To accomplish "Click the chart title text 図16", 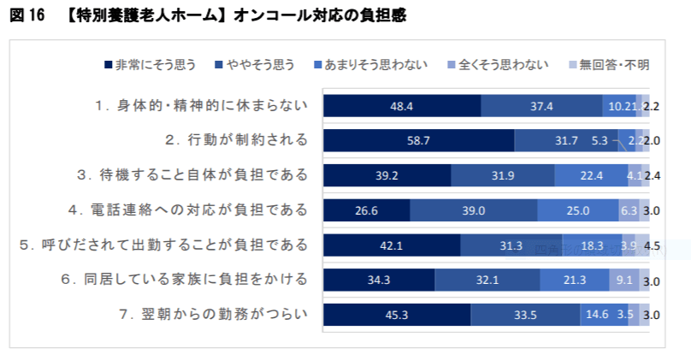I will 27,15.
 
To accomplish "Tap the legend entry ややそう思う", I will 261,65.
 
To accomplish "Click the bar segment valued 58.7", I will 418,140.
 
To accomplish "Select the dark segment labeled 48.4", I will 401,106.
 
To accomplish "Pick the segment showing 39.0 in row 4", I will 474,210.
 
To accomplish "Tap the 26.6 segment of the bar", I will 366,210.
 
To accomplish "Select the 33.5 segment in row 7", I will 526,315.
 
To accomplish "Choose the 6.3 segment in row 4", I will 629,210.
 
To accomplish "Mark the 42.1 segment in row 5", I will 391,245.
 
